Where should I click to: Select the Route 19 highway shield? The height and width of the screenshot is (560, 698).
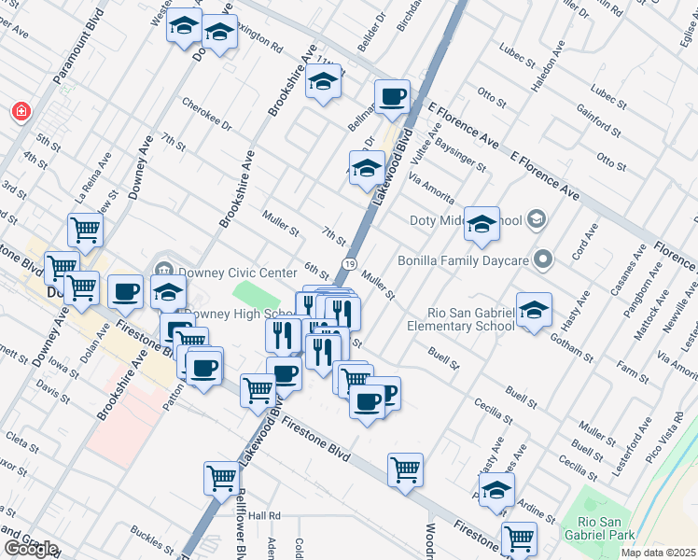(347, 266)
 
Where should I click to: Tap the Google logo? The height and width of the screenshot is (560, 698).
(30, 549)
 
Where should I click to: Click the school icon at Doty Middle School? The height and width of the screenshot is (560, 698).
(482, 224)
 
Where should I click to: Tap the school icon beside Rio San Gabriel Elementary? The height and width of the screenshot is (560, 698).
(533, 311)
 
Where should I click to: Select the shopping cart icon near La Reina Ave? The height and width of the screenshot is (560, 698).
(85, 229)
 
